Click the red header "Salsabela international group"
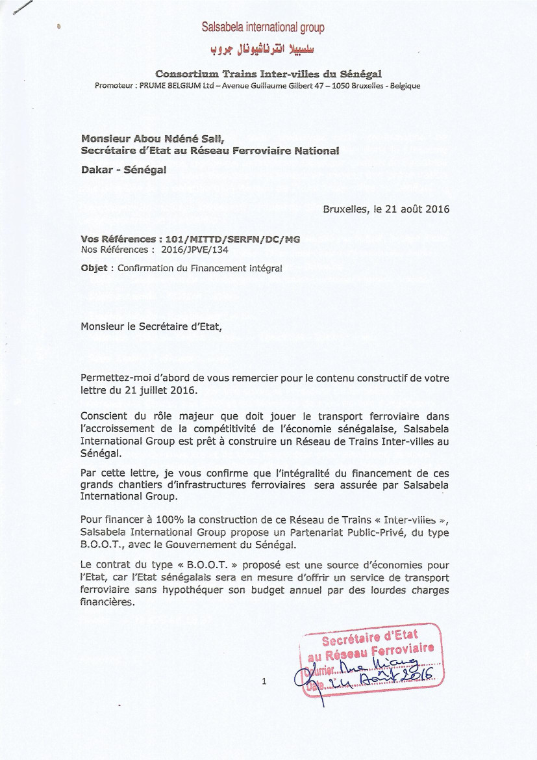pyautogui.click(x=263, y=27)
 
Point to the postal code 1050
pyautogui.click(x=340, y=86)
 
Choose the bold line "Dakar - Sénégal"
pyautogui.click(x=123, y=168)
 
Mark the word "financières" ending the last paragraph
pyautogui.click(x=106, y=602)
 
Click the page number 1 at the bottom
pyautogui.click(x=264, y=681)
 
